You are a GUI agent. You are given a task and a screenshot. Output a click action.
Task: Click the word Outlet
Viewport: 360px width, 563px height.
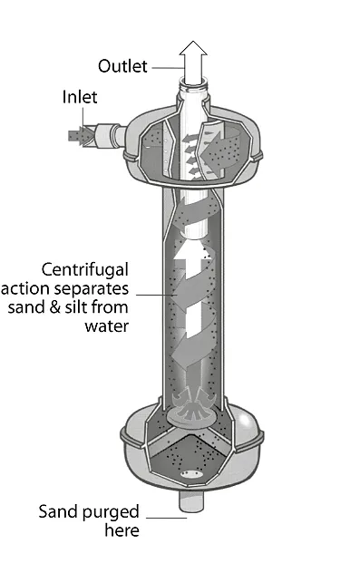point(123,65)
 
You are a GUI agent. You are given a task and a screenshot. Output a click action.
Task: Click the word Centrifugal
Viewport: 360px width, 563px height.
point(86,269)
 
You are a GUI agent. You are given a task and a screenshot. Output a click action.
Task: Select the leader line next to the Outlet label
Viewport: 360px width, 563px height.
point(167,66)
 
